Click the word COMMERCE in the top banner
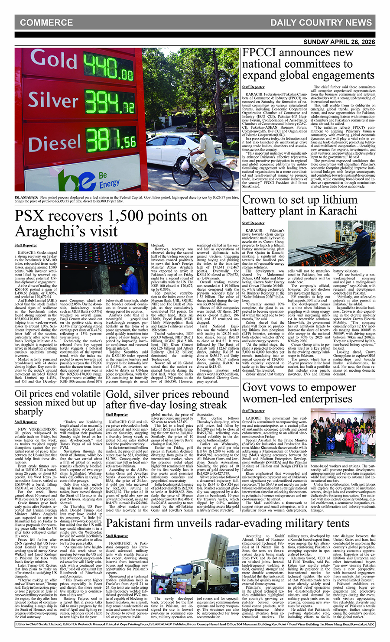(x=46, y=23)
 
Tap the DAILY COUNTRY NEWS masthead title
(x=321, y=23)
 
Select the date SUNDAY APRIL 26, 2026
(x=339, y=42)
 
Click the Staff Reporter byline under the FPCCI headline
(x=253, y=87)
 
